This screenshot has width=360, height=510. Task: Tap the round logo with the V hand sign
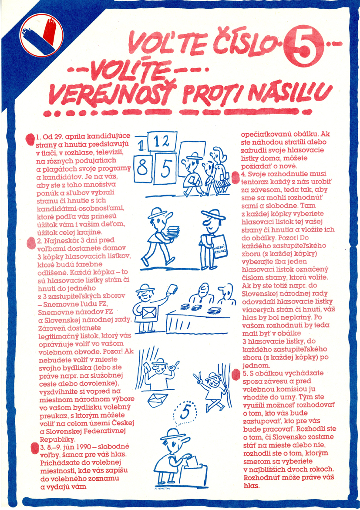point(41,35)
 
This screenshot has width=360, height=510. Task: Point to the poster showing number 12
point(162,142)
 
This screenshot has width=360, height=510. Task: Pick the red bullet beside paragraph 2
point(31,243)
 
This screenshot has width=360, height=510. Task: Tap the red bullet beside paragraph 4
point(236,177)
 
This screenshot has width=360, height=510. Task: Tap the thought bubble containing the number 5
point(185,412)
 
